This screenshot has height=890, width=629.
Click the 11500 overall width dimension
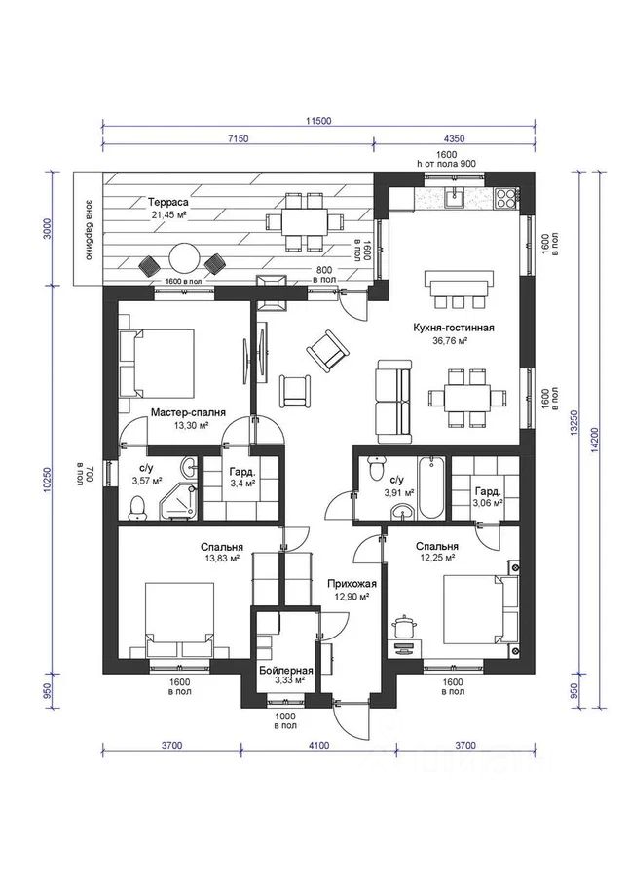tap(317, 120)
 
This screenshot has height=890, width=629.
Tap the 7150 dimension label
tap(239, 137)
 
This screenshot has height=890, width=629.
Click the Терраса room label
tap(168, 202)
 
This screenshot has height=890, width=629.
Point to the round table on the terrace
tap(184, 259)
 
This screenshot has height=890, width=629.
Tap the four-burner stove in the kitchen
tap(505, 198)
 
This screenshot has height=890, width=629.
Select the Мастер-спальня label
tap(188, 412)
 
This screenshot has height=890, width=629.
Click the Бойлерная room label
tap(286, 671)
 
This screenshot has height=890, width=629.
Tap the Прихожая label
tap(351, 584)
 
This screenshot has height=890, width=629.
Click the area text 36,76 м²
tap(449, 340)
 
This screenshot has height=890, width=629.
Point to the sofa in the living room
tap(393, 401)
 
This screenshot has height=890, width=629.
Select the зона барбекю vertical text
tap(89, 229)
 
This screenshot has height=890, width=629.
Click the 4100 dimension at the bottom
tap(317, 746)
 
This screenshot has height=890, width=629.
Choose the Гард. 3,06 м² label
tap(488, 497)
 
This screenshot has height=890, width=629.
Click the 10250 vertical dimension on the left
tap(47, 481)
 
